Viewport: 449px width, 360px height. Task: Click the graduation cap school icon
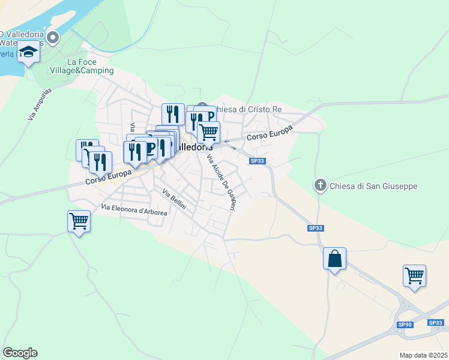[x=28, y=53]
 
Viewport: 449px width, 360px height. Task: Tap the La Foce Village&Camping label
[x=90, y=66]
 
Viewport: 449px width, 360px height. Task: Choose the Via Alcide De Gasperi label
[x=221, y=182]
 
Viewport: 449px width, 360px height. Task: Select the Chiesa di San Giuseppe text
[x=373, y=186]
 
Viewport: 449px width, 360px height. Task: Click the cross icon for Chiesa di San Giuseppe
[x=321, y=185]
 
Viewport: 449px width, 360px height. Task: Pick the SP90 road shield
[x=405, y=325]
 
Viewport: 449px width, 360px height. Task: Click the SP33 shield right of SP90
[x=436, y=323]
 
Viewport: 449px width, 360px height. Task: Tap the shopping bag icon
[x=334, y=259]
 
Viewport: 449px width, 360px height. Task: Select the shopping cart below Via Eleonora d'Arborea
[x=79, y=221]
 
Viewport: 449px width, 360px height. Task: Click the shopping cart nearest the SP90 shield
[x=414, y=276]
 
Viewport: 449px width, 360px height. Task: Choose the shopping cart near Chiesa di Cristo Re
[x=208, y=131]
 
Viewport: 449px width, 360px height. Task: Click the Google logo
[x=20, y=352]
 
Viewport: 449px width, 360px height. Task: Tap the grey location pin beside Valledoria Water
[x=53, y=38]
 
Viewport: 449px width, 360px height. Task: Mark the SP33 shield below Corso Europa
[x=257, y=161]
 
